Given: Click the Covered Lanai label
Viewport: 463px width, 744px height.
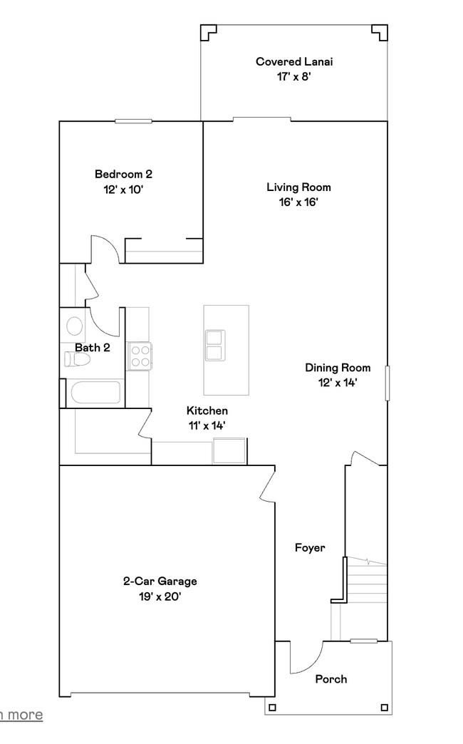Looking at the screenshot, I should click(294, 62).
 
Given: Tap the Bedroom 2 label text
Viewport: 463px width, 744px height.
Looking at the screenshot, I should click(124, 174).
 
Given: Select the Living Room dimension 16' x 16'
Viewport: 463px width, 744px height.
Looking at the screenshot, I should click(298, 202).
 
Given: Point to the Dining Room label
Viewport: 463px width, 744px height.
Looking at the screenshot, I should click(338, 368).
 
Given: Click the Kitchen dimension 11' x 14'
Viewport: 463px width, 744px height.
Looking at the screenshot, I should click(207, 425).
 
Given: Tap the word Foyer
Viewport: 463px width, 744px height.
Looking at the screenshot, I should click(310, 548).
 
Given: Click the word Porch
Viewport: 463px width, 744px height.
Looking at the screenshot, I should click(331, 679).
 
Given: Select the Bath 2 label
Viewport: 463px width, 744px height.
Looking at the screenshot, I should click(93, 348).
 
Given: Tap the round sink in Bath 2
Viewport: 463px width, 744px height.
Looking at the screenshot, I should click(74, 326).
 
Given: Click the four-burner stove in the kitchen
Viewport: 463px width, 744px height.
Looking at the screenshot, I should click(139, 356).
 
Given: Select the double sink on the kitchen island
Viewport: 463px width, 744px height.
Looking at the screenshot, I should click(214, 346).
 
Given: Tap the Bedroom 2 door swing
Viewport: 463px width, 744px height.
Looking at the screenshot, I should click(105, 249).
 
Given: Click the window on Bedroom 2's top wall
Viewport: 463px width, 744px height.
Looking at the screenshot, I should click(133, 121).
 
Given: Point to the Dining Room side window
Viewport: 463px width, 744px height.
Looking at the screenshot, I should click(388, 383).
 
